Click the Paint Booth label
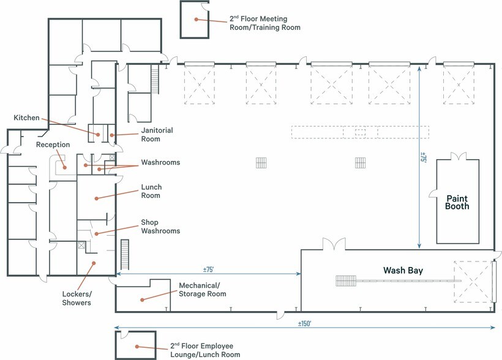[x=457, y=203]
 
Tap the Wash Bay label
[x=403, y=271]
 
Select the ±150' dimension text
[x=304, y=323]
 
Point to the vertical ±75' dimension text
[x=423, y=157]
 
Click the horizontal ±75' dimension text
[x=208, y=269]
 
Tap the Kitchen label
[x=26, y=118]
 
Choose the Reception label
[x=53, y=144]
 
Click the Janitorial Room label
[x=157, y=135]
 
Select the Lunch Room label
[x=151, y=191]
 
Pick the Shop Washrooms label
[x=160, y=227]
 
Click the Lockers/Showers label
[x=77, y=298]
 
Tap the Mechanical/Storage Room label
[x=203, y=290]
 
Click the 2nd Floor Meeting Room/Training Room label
[x=264, y=23]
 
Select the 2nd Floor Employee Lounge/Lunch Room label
[x=205, y=350]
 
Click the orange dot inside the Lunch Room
[x=96, y=198]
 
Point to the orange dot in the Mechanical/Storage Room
[x=142, y=300]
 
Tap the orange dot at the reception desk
[x=65, y=167]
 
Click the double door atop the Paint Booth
[x=459, y=156]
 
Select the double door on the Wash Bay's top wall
[x=334, y=244]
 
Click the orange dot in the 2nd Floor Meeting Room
[x=197, y=19]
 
